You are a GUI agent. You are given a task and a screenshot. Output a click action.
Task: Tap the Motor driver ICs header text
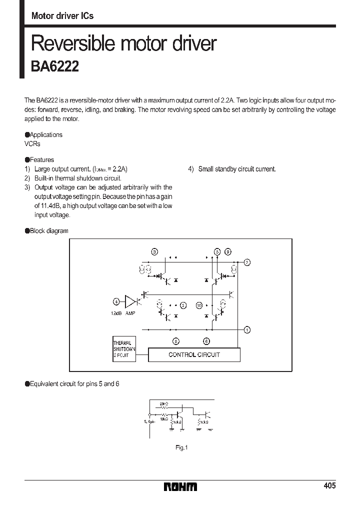62,16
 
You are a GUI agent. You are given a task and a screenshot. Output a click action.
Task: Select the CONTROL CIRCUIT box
194,354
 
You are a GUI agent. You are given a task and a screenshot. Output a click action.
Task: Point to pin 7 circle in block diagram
247,262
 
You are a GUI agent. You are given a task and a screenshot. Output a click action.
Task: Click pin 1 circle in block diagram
247,329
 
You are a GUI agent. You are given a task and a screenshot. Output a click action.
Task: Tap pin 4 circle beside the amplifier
115,301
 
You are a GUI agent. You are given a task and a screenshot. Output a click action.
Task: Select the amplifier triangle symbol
130,301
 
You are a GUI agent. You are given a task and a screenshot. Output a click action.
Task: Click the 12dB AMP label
123,313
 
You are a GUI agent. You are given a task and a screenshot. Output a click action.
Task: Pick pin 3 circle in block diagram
154,251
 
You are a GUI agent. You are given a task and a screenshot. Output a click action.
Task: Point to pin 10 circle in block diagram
199,305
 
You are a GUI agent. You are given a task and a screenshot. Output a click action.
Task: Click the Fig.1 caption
181,447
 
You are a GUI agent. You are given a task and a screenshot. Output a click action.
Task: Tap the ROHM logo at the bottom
180,486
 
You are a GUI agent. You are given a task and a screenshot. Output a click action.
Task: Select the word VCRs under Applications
32,143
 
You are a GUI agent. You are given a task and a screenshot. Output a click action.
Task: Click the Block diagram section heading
48,230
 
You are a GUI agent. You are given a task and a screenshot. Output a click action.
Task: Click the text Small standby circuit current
236,169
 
